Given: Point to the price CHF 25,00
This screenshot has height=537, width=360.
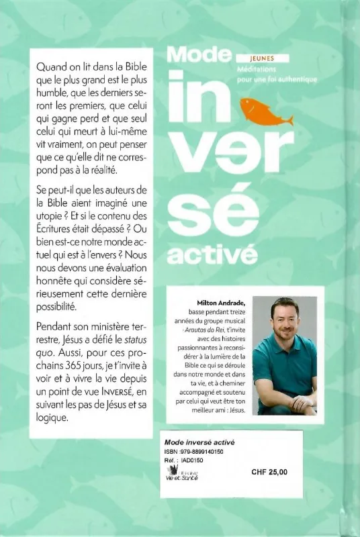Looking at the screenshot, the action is pos(269,472).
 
